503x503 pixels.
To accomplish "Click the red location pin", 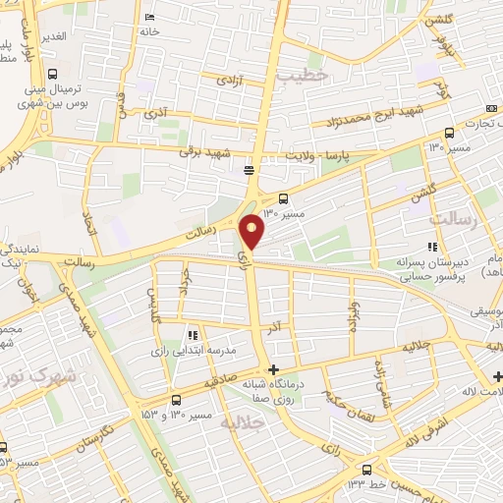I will (x=253, y=231).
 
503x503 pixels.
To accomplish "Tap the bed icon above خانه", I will (x=148, y=18).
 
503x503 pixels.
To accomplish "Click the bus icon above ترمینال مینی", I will (x=51, y=74).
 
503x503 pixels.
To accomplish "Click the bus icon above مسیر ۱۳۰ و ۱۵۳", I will (x=176, y=400).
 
